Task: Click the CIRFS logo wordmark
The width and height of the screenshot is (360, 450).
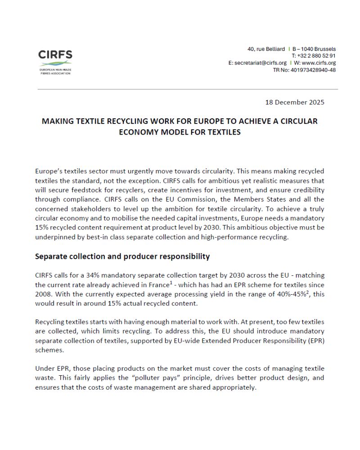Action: [55, 55]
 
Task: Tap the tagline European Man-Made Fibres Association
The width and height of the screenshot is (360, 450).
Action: [55, 71]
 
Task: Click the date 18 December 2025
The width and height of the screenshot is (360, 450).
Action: [295, 102]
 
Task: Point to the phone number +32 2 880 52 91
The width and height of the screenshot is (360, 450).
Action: [317, 56]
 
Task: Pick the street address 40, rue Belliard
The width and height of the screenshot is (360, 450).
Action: [266, 49]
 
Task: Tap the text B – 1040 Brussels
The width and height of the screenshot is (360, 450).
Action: [314, 49]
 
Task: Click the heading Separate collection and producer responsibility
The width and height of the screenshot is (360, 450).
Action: [122, 256]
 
